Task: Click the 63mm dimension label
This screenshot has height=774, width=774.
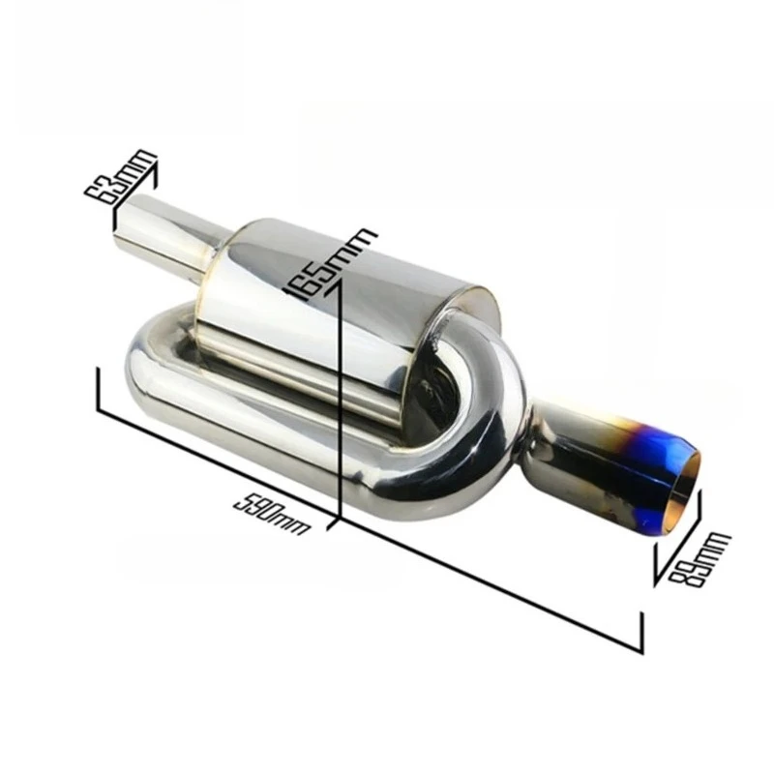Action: point(120,177)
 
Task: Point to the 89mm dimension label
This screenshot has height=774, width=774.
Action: point(698,559)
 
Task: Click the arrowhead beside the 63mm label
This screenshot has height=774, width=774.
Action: point(152,174)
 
